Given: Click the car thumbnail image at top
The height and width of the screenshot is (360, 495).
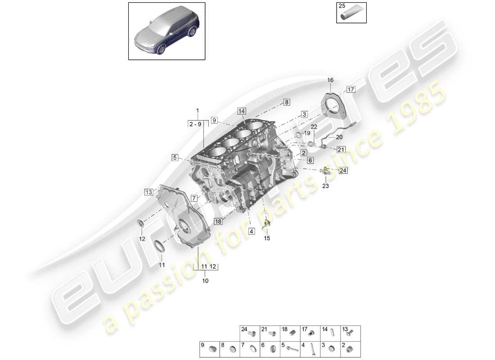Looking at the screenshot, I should click(166, 31).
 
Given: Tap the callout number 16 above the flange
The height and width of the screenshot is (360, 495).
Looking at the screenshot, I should click(330, 80).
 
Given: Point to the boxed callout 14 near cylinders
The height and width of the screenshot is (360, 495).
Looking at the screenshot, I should click(242, 111).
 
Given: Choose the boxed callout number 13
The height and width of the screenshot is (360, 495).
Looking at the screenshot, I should click(148, 192).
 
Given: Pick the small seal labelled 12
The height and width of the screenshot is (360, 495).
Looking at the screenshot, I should click(141, 223).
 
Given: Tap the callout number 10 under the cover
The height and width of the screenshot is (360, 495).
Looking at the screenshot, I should click(206, 281).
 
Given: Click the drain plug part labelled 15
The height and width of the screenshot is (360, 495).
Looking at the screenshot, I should click(267, 223).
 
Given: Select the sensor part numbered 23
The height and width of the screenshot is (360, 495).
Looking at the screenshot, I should click(325, 171).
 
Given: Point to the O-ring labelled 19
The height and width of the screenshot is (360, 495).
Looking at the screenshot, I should click(298, 134).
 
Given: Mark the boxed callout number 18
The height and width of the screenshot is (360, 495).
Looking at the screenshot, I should click(218, 221).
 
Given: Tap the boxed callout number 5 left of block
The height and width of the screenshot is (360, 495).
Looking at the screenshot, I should click(174, 157).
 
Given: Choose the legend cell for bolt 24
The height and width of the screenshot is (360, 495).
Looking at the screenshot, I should click(249, 333).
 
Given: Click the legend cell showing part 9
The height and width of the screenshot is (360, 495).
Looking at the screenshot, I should click(209, 349).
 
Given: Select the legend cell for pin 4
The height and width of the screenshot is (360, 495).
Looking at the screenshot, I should click(310, 349).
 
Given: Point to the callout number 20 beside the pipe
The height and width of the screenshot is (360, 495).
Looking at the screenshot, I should click(339, 137).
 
